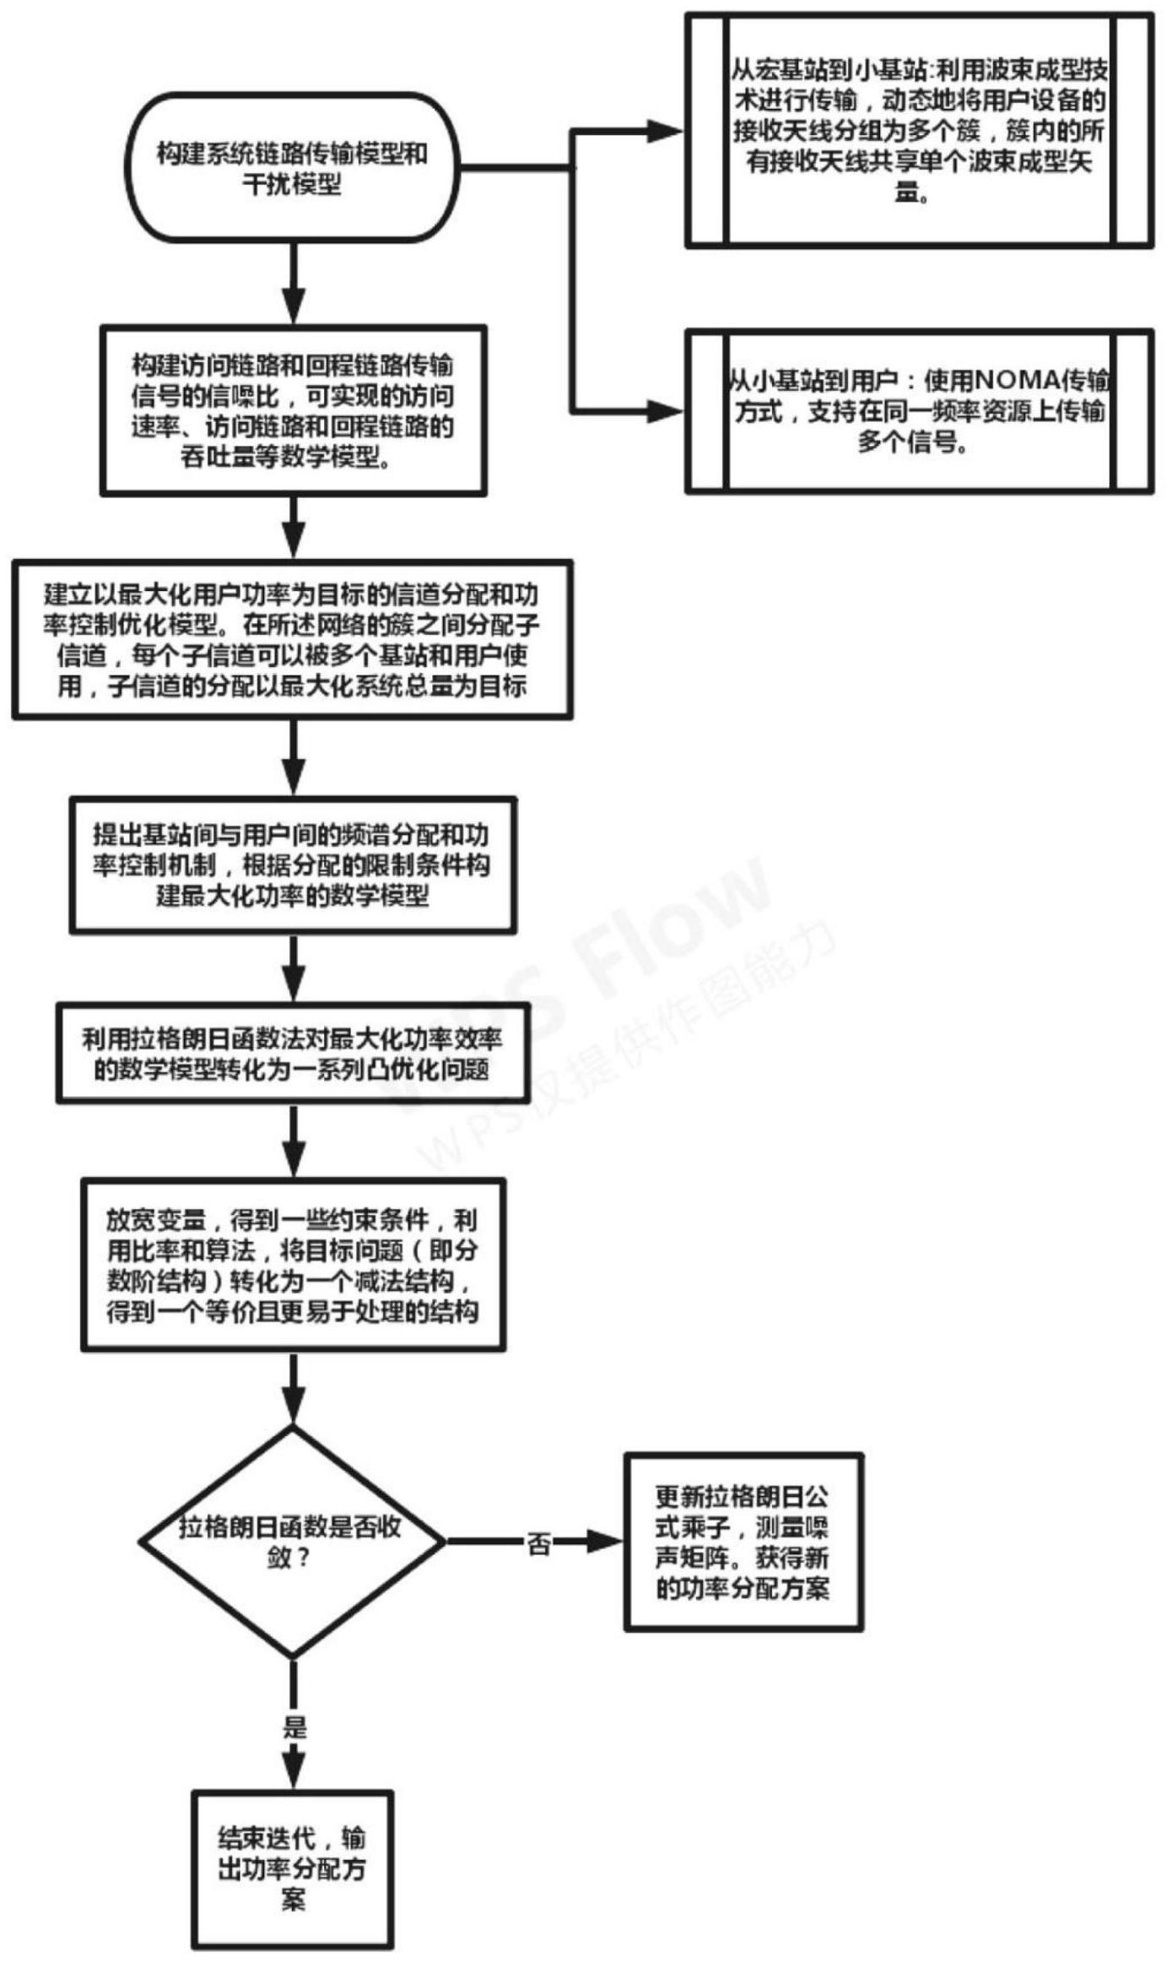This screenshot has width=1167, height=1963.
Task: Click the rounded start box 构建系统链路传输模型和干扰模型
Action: (x=291, y=167)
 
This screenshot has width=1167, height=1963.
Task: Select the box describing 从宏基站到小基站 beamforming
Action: (x=919, y=130)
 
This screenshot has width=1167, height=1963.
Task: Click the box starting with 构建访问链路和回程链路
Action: (x=293, y=410)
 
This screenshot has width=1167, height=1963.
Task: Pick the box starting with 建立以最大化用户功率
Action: (x=292, y=639)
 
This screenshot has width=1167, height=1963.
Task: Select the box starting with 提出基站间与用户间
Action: (x=293, y=865)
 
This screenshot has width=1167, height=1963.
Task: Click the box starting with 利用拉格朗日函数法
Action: (x=293, y=1054)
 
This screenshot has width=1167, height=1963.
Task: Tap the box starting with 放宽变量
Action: (x=293, y=1265)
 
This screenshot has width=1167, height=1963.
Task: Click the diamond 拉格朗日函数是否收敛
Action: (x=292, y=1542)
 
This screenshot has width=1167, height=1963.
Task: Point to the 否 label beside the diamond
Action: (x=538, y=1544)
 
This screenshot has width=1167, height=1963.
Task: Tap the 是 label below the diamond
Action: (x=294, y=1726)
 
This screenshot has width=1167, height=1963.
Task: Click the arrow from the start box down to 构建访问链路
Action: (x=293, y=284)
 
